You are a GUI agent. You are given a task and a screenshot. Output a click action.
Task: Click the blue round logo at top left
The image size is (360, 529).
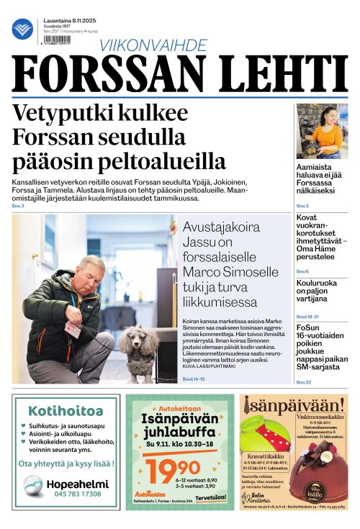[x=22, y=29]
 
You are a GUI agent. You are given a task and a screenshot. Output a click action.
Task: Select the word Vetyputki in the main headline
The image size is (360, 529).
[x=64, y=114]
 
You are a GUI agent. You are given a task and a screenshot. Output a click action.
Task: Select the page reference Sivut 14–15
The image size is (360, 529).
[x=193, y=379]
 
